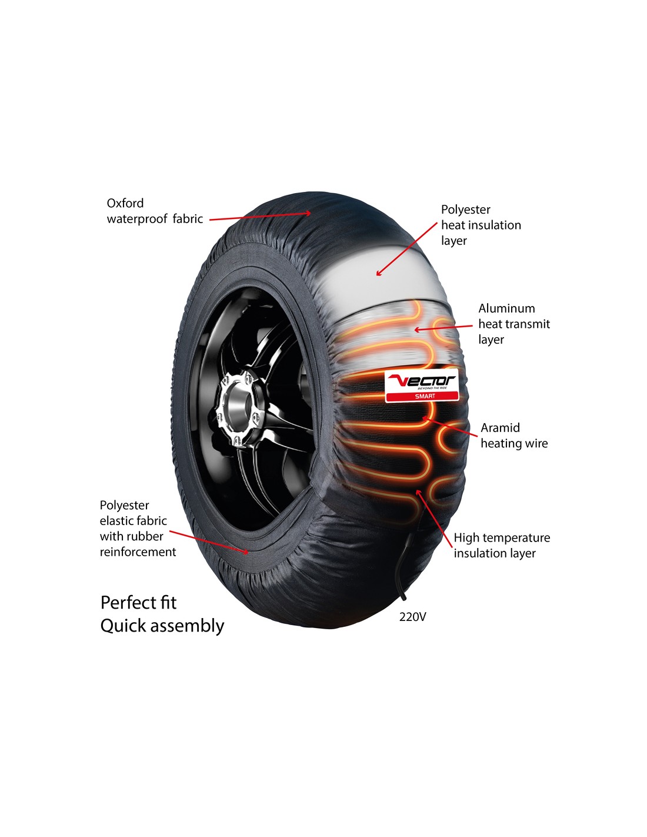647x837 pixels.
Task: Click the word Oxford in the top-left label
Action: (x=125, y=203)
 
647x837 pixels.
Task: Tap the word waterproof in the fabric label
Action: (x=138, y=219)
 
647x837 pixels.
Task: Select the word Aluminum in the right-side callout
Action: (x=506, y=308)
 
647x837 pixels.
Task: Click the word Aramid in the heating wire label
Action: (x=500, y=427)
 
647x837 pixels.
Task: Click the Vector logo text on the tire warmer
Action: (x=422, y=381)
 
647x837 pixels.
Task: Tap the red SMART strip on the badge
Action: (x=422, y=396)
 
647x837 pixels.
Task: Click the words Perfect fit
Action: (x=139, y=603)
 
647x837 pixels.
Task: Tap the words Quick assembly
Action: (x=162, y=626)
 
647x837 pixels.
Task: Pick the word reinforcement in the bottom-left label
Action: (x=138, y=552)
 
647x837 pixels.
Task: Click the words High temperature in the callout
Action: (x=502, y=538)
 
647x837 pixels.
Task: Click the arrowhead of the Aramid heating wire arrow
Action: (x=425, y=418)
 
